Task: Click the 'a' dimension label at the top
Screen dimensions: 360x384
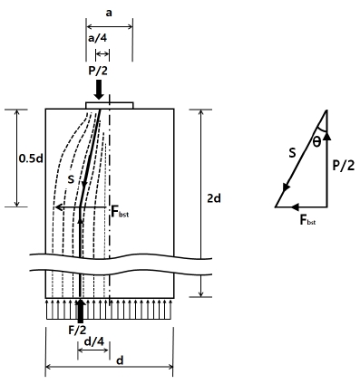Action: (x=109, y=14)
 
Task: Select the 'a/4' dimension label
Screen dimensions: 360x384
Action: (x=97, y=38)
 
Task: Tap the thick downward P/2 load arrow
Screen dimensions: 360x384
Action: (x=99, y=90)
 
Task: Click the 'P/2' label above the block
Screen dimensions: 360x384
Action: (x=98, y=71)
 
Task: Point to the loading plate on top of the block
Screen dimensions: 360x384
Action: (x=110, y=105)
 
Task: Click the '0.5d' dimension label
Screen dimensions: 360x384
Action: (x=31, y=158)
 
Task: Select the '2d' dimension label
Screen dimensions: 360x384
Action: (x=213, y=198)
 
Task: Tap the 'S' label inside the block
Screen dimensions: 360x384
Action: (x=71, y=180)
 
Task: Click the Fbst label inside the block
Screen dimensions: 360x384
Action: (x=120, y=212)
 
